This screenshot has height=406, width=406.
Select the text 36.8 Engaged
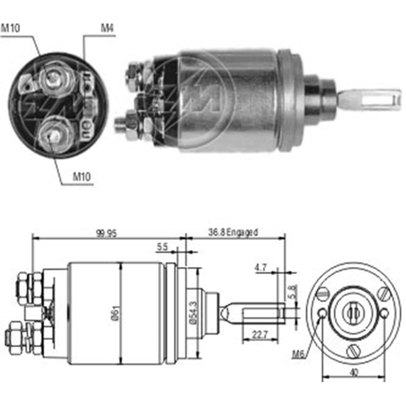233,232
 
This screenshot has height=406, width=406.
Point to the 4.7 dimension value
261,268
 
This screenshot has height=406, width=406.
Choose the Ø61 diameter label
117,313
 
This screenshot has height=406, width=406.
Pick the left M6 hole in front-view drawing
322,313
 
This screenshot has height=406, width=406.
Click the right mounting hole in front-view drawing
384,313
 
